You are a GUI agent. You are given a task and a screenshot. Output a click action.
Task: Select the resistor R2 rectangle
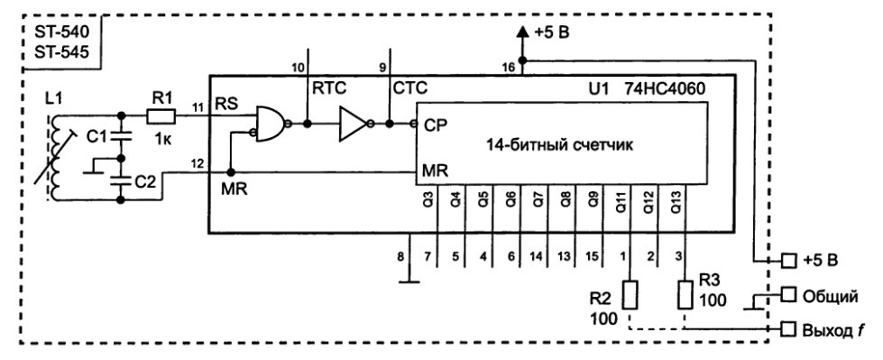[630, 294]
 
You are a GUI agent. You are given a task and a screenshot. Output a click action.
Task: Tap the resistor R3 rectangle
[685, 294]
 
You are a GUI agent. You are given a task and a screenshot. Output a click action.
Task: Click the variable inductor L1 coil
[58, 158]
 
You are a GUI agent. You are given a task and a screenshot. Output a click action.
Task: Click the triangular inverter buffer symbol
[352, 123]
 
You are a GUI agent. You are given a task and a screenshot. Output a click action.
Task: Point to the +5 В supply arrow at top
[521, 33]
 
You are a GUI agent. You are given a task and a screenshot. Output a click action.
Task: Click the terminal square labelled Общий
[788, 295]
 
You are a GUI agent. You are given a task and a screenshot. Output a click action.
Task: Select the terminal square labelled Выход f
[788, 329]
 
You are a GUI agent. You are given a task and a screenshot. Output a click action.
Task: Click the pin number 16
[507, 66]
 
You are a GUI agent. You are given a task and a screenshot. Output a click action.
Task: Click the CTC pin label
[410, 88]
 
